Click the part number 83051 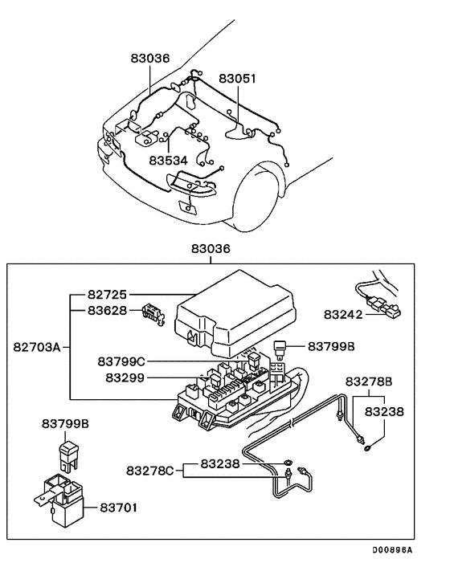click(239, 79)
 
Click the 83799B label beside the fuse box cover click(329, 347)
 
